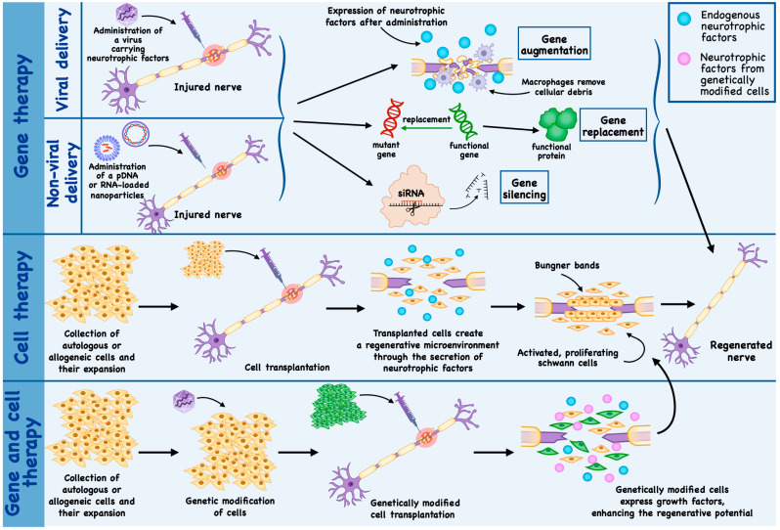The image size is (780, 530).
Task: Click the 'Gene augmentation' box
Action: (x=554, y=43)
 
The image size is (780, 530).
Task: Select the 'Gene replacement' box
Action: (x=613, y=125)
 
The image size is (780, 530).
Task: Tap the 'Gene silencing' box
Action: (x=524, y=188)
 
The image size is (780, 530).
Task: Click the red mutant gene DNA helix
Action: (x=391, y=118)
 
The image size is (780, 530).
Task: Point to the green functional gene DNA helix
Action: (x=463, y=121)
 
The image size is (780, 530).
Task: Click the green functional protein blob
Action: (x=558, y=124)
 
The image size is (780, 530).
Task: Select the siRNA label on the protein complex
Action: (x=411, y=193)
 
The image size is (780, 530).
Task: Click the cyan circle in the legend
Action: (x=684, y=19)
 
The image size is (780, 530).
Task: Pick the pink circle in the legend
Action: (x=684, y=59)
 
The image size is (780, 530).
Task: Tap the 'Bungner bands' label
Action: (x=567, y=265)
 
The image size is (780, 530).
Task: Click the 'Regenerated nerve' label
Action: (x=741, y=351)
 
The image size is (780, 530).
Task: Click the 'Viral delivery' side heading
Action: (x=63, y=60)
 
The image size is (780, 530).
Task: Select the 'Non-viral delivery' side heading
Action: (x=63, y=173)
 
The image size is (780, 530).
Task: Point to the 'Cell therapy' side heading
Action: (x=22, y=307)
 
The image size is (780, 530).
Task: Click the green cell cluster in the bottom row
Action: (x=335, y=407)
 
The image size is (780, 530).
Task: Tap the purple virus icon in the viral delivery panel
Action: (x=126, y=15)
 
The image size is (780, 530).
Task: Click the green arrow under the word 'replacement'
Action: (x=426, y=128)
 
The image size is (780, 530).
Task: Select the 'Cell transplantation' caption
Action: (x=287, y=368)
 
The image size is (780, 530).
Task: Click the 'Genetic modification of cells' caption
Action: (x=230, y=507)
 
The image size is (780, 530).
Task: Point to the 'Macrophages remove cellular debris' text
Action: (x=563, y=87)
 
